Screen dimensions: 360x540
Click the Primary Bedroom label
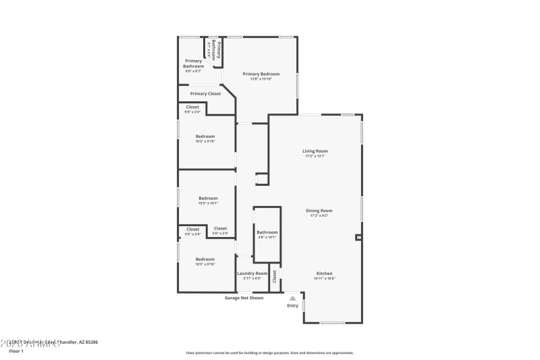(261, 74)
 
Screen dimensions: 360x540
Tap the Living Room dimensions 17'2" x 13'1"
(315, 156)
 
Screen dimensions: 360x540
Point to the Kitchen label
(325, 274)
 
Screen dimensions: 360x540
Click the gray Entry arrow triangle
(292, 297)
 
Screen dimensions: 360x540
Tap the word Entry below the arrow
(292, 305)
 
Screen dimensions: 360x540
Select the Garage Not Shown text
(244, 298)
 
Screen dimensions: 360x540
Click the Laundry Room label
(252, 274)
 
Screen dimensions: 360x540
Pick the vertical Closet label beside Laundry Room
(275, 276)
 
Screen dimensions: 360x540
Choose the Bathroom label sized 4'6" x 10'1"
(267, 232)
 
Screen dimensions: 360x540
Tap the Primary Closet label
(205, 94)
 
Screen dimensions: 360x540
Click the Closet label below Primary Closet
(192, 107)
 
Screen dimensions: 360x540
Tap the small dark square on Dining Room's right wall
(358, 237)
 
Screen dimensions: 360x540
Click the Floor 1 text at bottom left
(16, 351)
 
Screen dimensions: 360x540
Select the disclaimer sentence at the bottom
(269, 353)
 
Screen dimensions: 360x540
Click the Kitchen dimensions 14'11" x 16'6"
(325, 278)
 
